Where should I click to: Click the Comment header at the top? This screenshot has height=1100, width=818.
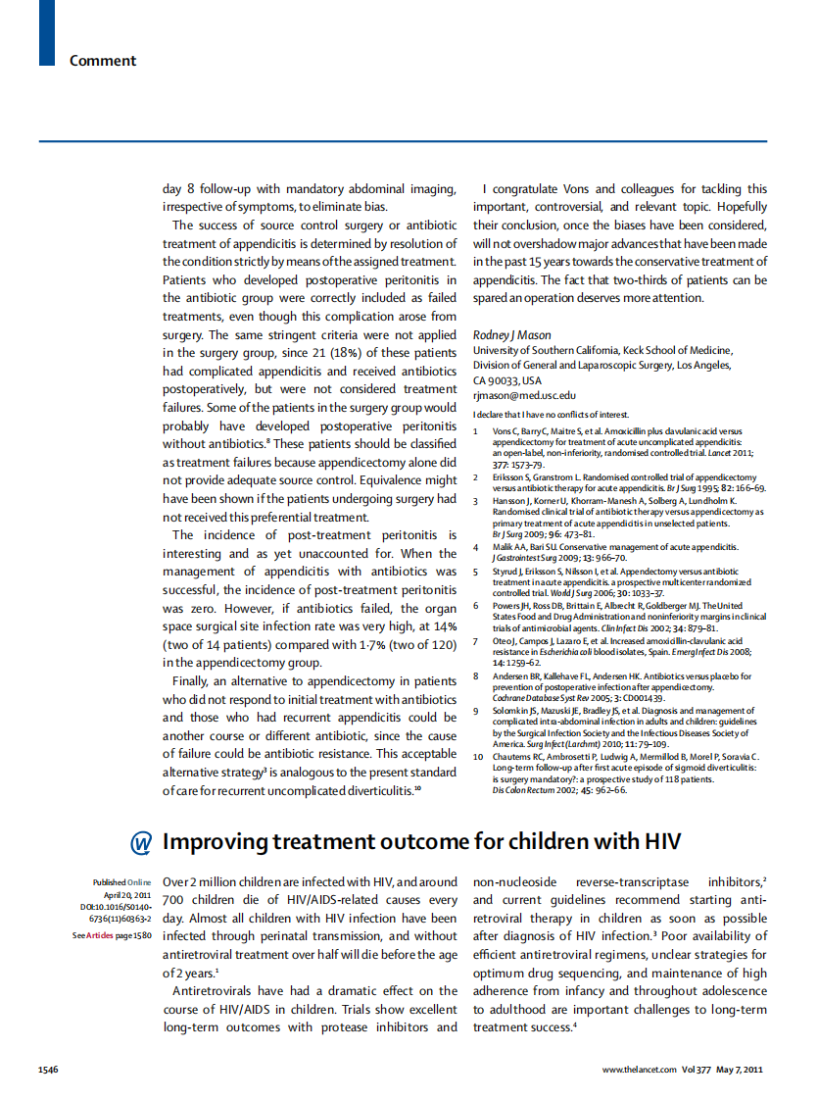pos(103,61)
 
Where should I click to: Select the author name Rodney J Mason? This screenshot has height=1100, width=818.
pos(512,335)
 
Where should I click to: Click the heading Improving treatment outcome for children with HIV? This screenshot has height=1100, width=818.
pos(421,842)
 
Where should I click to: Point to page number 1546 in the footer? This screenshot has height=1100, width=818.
pos(48,1069)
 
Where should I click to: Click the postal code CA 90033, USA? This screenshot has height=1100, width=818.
pos(506,380)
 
